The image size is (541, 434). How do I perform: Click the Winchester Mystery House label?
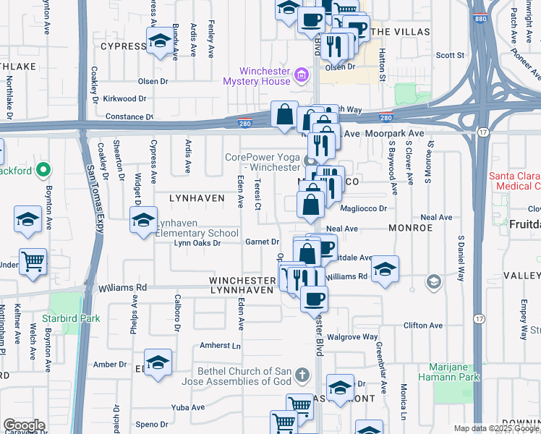pyautogui.click(x=265, y=76)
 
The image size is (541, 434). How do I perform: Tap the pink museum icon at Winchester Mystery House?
pyautogui.click(x=302, y=73)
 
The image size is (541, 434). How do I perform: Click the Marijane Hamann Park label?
pyautogui.click(x=453, y=372)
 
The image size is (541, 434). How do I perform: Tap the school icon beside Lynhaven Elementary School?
pyautogui.click(x=144, y=218)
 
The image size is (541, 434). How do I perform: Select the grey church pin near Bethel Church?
pyautogui.click(x=302, y=375)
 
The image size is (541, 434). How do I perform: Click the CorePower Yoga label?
pyautogui.click(x=261, y=162)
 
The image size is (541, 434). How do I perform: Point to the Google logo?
pyautogui.click(x=23, y=425)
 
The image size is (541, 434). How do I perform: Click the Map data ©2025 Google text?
pyautogui.click(x=496, y=428)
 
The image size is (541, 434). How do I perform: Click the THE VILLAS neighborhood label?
pyautogui.click(x=400, y=33)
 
